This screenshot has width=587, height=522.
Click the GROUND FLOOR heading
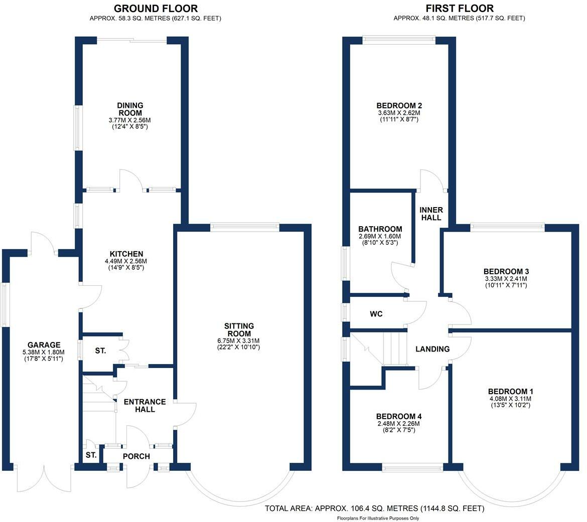pos(156,9)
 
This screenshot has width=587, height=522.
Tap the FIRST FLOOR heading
pos(460,9)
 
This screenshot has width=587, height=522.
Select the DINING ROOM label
pos(130,109)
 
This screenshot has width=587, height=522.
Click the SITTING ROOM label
pos(239,330)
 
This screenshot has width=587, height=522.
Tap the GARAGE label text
pos(44,345)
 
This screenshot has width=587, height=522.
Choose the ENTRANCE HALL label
pos(144,406)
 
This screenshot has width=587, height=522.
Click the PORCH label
pos(136,456)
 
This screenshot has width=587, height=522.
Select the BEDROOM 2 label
pos(399,106)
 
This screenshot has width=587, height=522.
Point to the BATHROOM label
pos(380,229)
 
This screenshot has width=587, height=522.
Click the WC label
pos(376,314)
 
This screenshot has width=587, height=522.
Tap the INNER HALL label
pos(430,214)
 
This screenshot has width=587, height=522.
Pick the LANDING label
pos(432,349)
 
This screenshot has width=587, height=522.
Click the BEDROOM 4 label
pos(399,417)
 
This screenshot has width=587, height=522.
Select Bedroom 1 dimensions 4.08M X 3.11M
pos(511,399)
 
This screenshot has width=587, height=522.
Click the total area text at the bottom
pos(374,508)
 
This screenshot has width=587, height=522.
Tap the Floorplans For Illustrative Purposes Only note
pos(378,518)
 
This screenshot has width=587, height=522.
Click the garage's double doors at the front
pos(44,479)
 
